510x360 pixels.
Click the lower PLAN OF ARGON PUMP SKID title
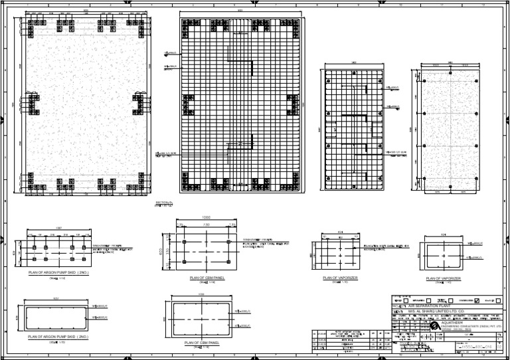coord(58,337)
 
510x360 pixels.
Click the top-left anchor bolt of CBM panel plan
coord(184,242)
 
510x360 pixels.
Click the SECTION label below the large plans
coord(164,202)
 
